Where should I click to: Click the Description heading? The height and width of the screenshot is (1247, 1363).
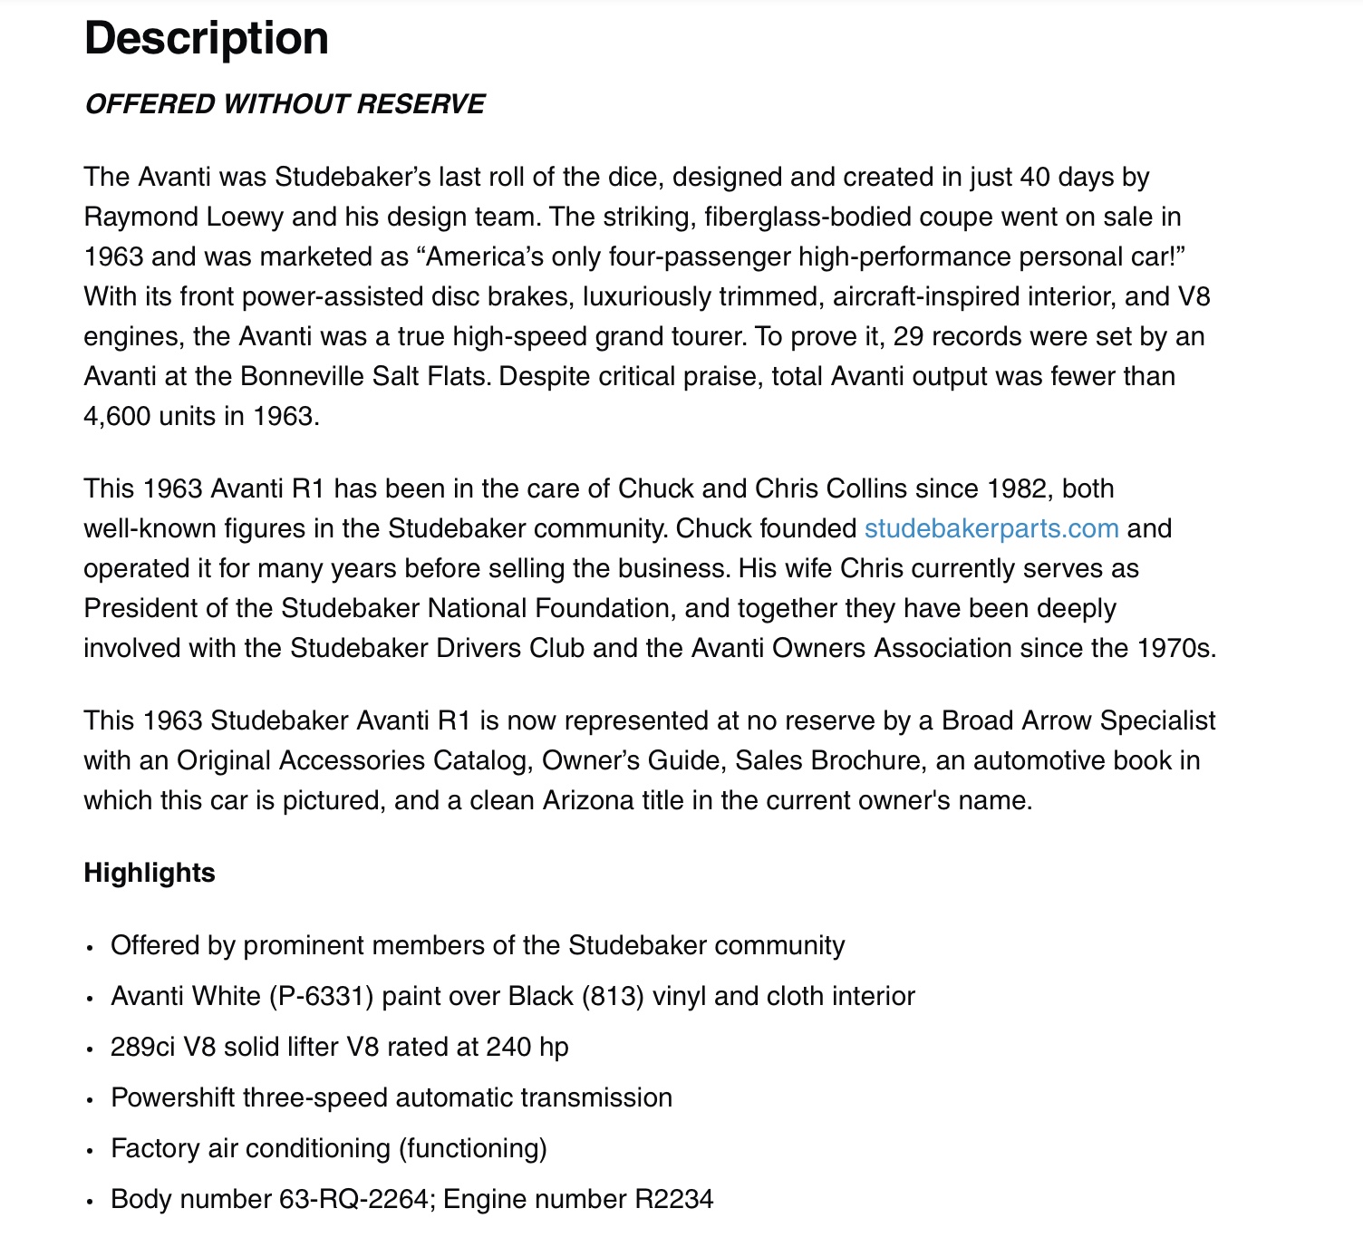coord(206,39)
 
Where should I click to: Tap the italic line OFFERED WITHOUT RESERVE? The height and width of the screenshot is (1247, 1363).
coord(285,104)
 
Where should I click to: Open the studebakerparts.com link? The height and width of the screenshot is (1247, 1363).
coord(991,528)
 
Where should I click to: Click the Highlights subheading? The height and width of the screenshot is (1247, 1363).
coord(150,873)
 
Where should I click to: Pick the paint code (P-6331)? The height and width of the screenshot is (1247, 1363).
coord(322,996)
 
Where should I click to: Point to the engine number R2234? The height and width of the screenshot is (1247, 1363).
coord(673,1199)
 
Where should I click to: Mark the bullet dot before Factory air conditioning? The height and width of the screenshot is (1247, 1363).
coord(90,1150)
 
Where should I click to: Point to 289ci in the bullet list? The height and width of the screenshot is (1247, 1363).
coord(143,1047)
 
